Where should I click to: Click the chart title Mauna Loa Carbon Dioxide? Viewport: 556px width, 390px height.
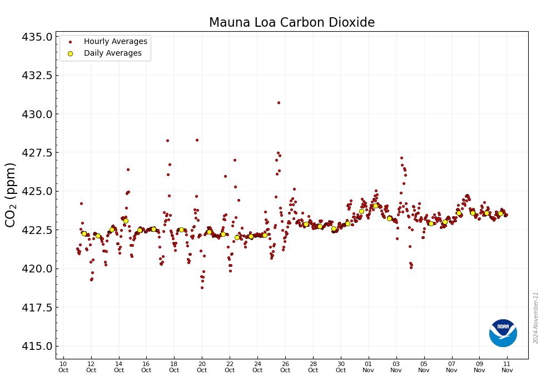tap(292, 22)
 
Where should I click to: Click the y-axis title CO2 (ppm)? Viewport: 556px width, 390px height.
tap(11, 194)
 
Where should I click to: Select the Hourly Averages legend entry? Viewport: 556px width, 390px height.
tap(115, 41)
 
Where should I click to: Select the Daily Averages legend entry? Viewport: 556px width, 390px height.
tap(112, 53)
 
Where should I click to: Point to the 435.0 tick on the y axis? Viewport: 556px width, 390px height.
tap(37, 37)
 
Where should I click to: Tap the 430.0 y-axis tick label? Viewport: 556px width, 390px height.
tap(37, 114)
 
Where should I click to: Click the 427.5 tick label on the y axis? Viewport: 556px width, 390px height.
tap(37, 153)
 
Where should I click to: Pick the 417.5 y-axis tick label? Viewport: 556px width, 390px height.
tap(37, 308)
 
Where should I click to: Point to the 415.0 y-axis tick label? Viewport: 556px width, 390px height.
tap(37, 346)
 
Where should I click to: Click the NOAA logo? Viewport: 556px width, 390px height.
tap(503, 333)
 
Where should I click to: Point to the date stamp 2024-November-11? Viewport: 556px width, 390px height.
tap(536, 318)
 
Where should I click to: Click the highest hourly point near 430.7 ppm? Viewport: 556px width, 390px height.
tap(279, 103)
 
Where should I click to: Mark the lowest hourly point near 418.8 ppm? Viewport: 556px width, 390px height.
tap(202, 287)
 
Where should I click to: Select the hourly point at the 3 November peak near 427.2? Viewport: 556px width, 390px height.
tap(401, 158)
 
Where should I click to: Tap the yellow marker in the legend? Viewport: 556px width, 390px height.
tap(70, 53)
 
